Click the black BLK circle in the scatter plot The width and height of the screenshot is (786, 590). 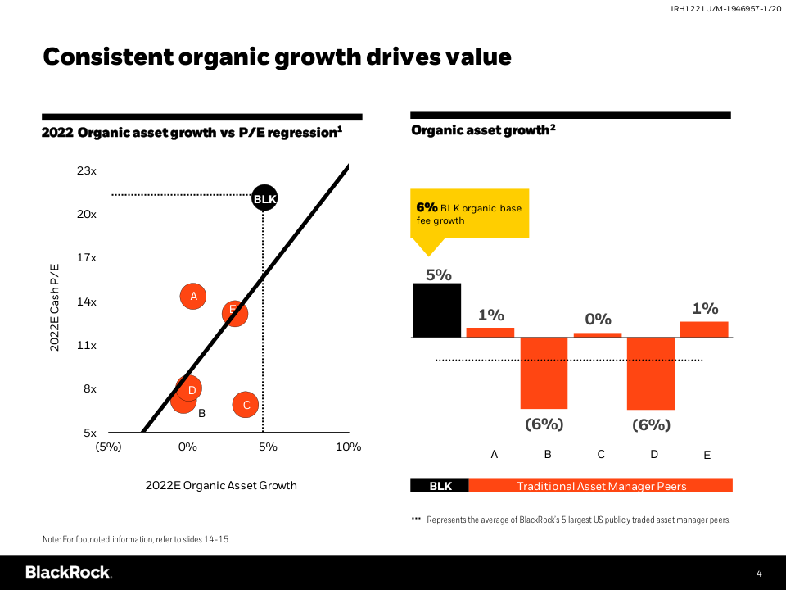point(264,198)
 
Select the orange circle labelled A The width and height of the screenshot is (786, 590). point(193,296)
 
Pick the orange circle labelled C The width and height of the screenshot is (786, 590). point(246,404)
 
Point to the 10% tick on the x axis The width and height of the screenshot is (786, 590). point(349,447)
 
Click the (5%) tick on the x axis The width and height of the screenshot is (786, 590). point(109,447)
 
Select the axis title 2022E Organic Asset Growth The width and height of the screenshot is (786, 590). point(221,485)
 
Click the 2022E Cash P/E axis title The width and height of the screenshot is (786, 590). point(55,306)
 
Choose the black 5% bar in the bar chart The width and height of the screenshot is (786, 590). point(436,310)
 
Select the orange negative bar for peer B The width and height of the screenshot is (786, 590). point(544,373)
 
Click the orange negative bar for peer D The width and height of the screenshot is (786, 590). point(651,374)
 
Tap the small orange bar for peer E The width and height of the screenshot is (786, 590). point(704,329)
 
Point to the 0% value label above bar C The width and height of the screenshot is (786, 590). point(598,319)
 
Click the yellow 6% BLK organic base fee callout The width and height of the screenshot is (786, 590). point(469,214)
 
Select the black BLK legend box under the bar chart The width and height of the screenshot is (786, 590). point(440,486)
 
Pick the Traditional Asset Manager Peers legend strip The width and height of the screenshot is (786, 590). point(601,486)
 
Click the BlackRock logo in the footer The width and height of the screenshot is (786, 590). point(68,572)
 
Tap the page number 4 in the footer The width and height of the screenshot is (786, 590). point(759,573)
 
